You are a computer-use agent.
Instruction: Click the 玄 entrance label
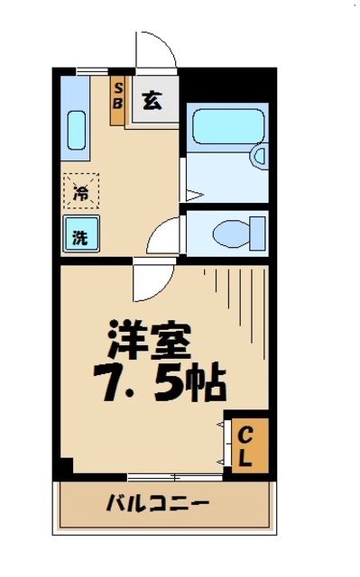click(x=153, y=101)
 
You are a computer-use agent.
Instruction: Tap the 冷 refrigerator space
click(x=80, y=192)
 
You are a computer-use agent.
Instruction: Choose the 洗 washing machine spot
click(x=79, y=237)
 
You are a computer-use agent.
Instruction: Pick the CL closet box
click(x=245, y=446)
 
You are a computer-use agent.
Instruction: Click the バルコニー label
click(x=157, y=502)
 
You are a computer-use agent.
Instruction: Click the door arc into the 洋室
click(x=146, y=281)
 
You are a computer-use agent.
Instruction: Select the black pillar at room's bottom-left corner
click(x=64, y=469)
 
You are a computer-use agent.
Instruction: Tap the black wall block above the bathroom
click(x=226, y=87)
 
